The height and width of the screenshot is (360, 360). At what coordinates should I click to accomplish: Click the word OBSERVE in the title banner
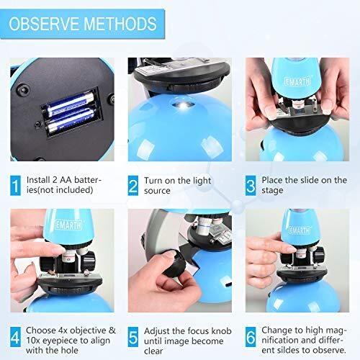tap(44, 24)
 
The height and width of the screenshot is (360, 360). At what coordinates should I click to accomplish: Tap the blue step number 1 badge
tap(15, 186)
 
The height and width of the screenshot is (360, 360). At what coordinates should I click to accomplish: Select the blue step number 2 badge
tap(133, 186)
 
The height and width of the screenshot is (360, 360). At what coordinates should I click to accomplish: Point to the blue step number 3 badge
tap(251, 186)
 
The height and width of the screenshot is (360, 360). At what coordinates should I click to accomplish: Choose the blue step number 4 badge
tap(15, 337)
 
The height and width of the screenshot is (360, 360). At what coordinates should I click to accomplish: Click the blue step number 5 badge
tap(133, 337)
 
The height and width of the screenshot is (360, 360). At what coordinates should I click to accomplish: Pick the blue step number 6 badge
tap(251, 337)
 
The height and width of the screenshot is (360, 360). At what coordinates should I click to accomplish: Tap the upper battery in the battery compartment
tap(70, 104)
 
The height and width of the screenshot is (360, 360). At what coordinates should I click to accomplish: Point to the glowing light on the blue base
tap(184, 105)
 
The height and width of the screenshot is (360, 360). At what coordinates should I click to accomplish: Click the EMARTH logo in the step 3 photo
tap(297, 81)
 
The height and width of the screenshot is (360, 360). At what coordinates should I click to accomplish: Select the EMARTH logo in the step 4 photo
tap(68, 225)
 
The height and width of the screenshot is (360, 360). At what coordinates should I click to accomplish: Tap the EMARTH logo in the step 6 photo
tap(299, 230)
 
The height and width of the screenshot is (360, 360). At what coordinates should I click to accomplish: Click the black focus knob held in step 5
tap(174, 264)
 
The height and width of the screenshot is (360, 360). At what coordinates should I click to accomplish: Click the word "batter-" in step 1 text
tap(88, 180)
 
